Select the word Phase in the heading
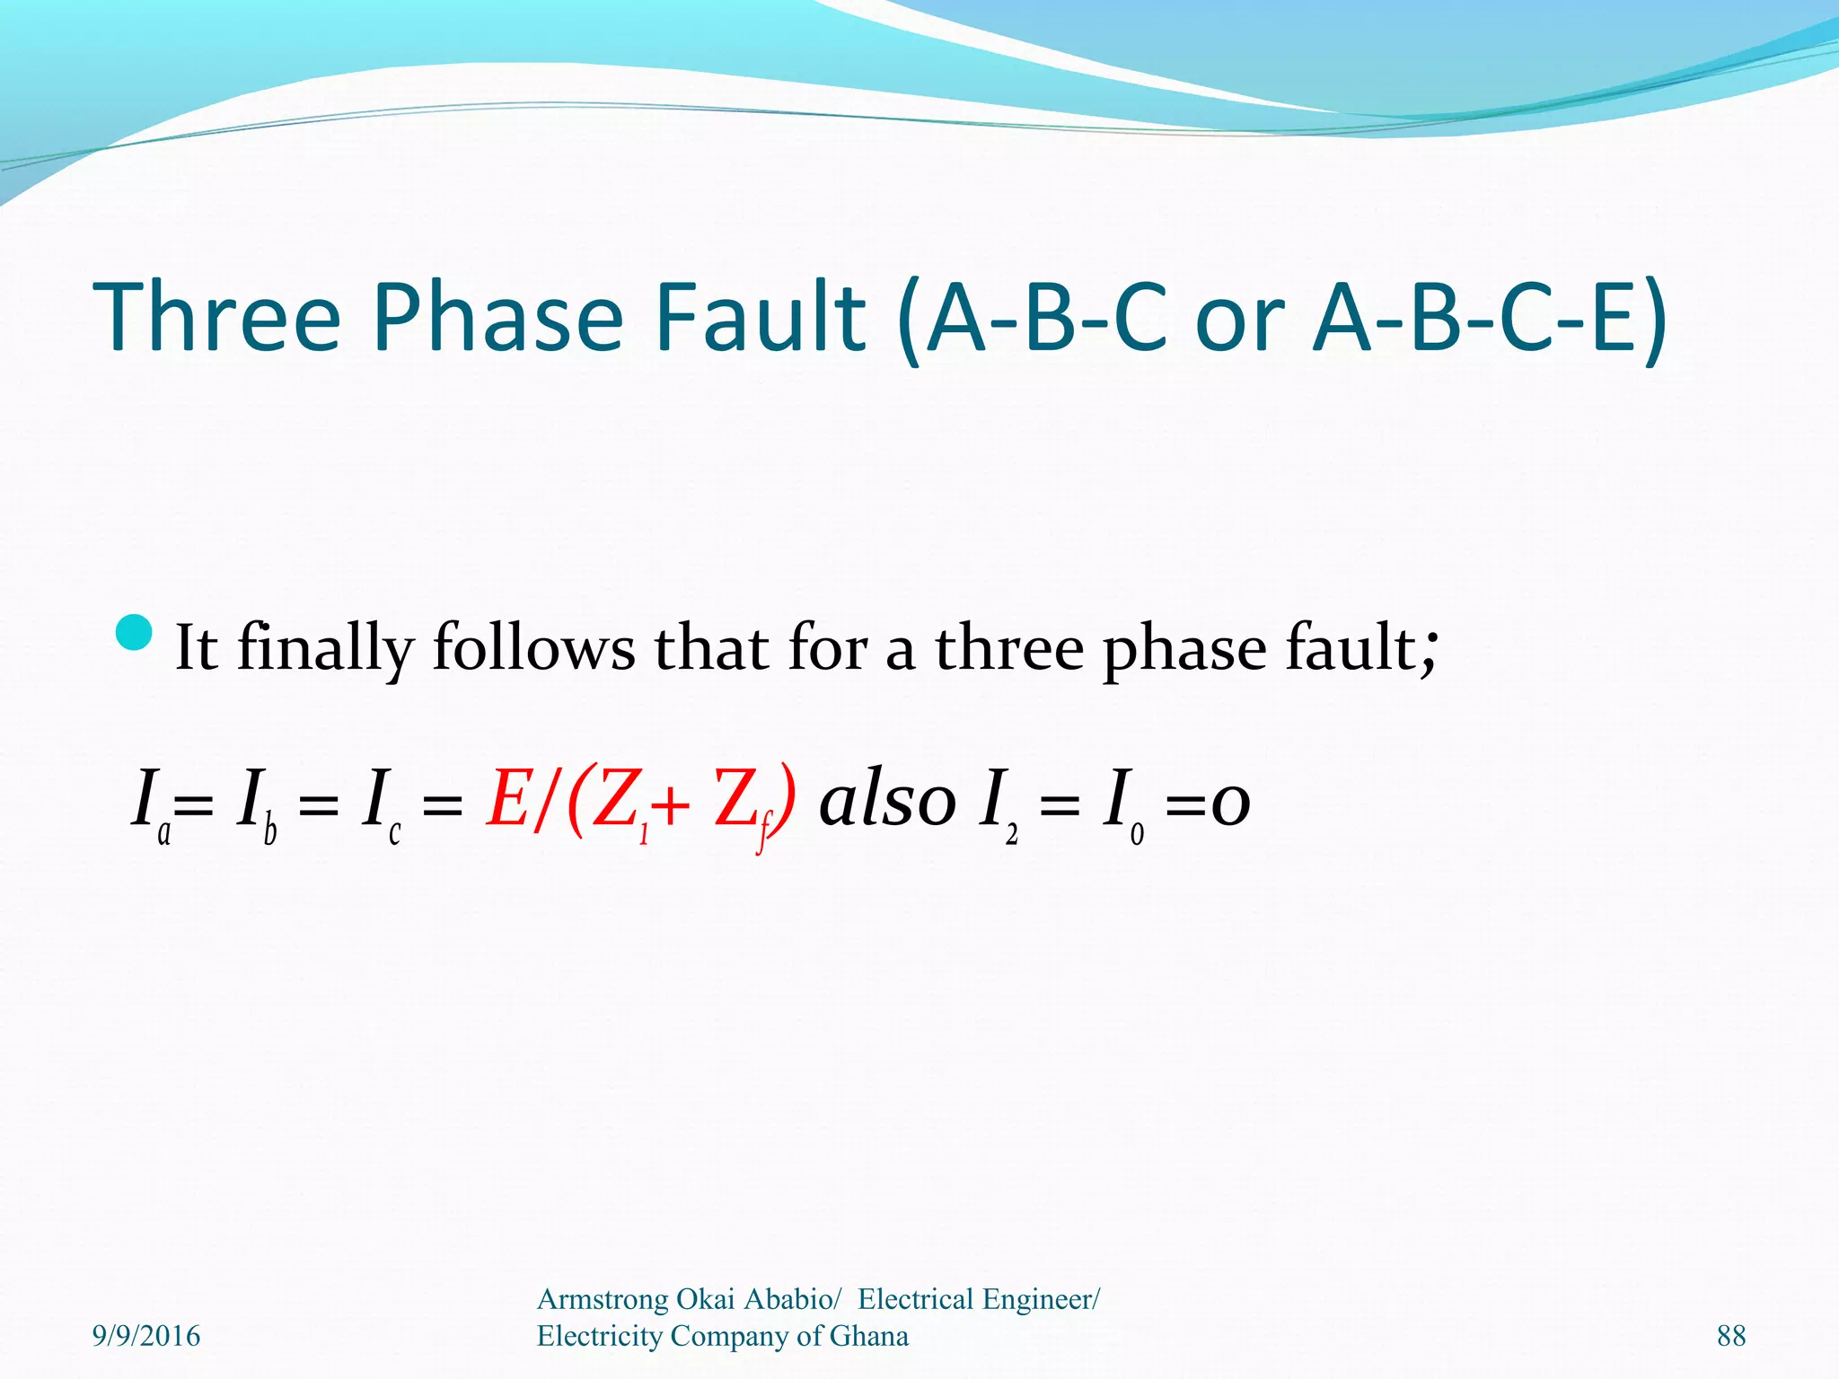coord(497,316)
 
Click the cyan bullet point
coord(136,633)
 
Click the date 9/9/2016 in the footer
coord(146,1336)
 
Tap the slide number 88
coord(1731,1336)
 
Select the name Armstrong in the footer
coord(603,1299)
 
